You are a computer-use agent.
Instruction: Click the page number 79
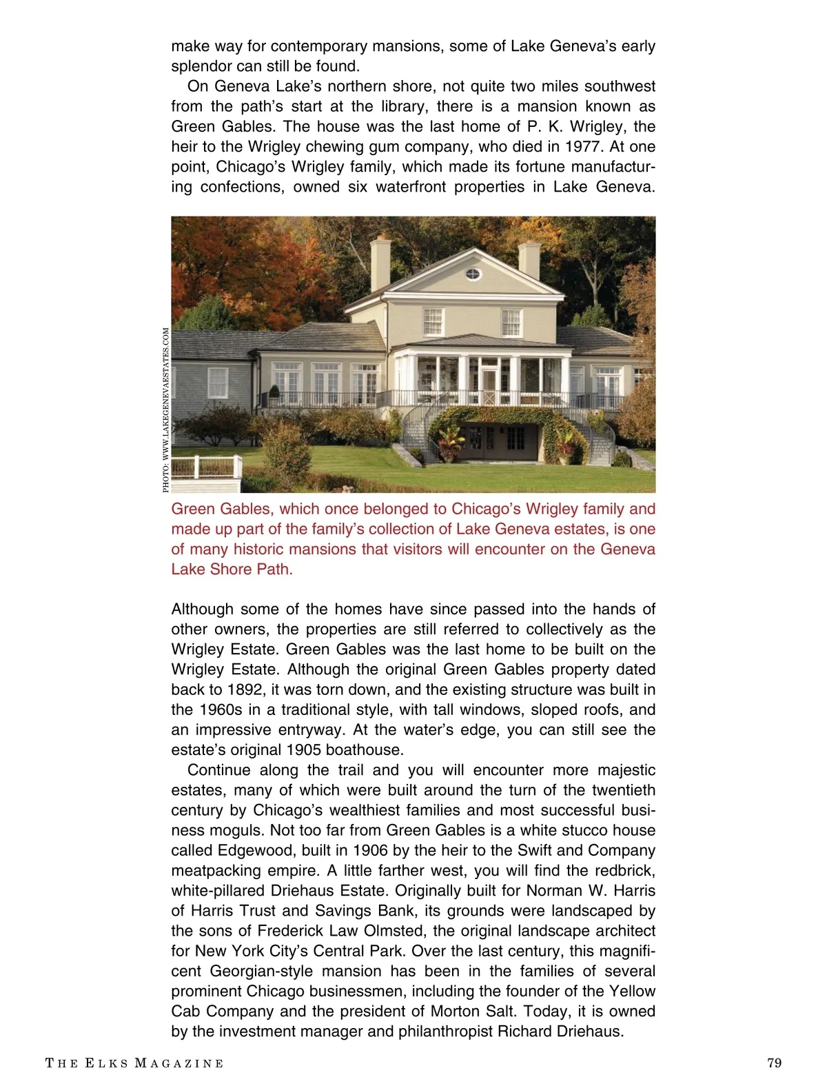[x=774, y=1063]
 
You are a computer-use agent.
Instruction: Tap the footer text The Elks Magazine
[x=134, y=1063]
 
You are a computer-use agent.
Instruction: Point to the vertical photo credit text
[x=165, y=410]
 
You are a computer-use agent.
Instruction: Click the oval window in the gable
[x=473, y=274]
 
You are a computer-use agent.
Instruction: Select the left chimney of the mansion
[x=380, y=263]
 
